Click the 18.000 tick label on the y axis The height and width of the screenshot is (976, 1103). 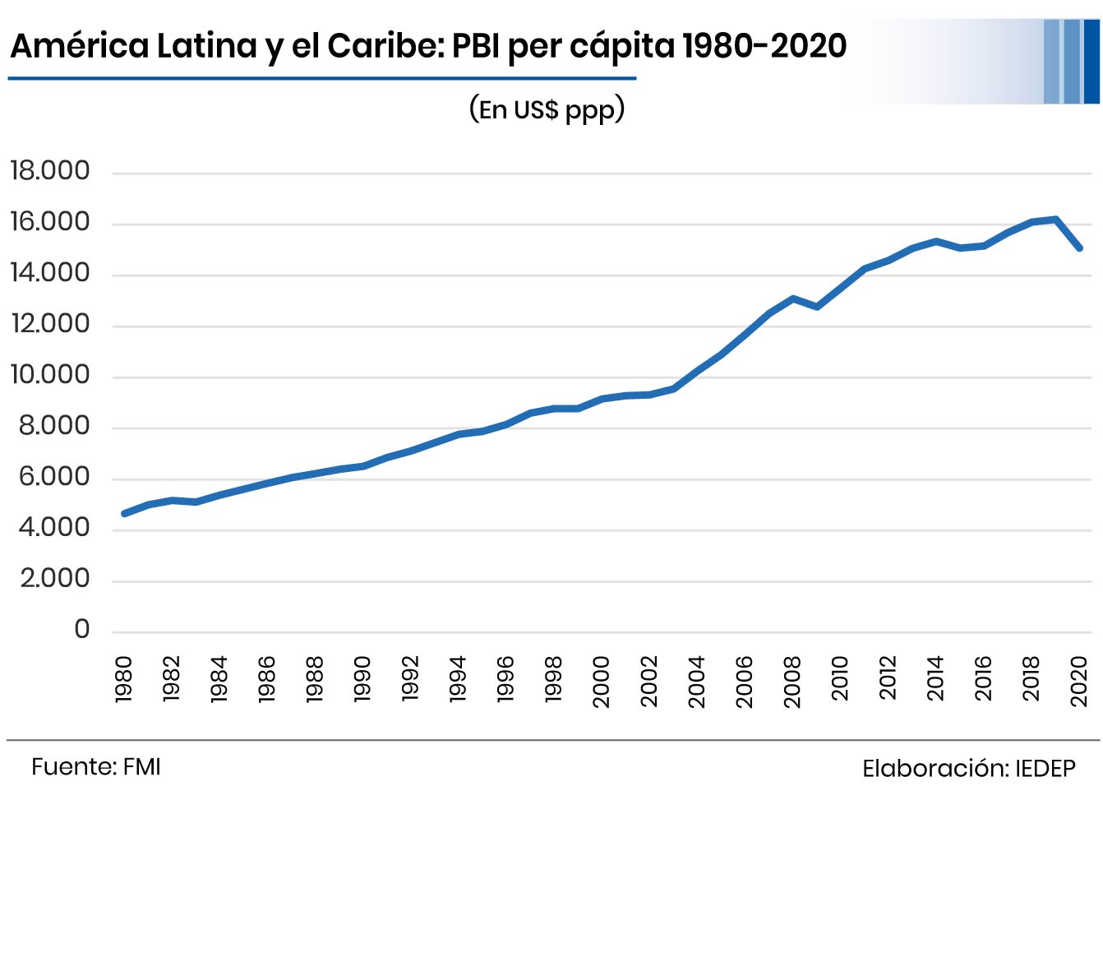49,171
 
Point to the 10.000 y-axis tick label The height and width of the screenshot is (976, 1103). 49,375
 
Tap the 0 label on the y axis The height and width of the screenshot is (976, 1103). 81,630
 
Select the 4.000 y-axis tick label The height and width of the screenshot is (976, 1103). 54,528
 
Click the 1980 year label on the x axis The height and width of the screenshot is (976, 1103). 124,679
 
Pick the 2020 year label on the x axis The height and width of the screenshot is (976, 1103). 1079,681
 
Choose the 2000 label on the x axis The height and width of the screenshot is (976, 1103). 602,681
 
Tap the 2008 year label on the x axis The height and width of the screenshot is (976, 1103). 792,681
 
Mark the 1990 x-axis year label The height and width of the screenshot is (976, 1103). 362,679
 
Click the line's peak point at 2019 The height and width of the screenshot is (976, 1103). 1055,220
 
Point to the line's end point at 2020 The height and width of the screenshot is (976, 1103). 1079,247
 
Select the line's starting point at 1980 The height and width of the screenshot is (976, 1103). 124,513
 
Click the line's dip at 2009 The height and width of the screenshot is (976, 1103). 816,307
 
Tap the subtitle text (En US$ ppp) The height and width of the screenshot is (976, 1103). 547,109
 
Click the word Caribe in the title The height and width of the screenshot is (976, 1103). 385,46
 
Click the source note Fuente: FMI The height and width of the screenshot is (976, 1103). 96,767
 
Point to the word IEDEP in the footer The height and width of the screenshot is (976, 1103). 1045,769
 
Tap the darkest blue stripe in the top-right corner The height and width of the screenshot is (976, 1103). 1091,61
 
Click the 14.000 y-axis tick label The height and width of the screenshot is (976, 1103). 49,273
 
